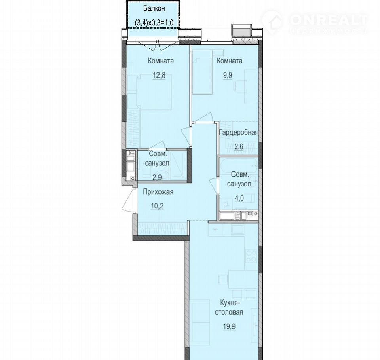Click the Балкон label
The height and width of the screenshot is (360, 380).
(154, 8)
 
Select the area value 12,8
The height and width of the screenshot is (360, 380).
(159, 75)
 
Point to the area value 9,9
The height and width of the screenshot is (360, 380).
(228, 75)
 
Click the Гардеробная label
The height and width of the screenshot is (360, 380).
(239, 133)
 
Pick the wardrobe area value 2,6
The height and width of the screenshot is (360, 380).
(239, 146)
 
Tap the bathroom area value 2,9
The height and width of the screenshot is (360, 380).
(157, 177)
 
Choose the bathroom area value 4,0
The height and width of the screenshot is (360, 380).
(239, 198)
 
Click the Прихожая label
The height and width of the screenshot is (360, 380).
(158, 192)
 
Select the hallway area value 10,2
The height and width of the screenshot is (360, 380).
(157, 206)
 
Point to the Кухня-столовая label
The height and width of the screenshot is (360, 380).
(229, 307)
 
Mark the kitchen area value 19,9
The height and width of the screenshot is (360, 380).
(229, 326)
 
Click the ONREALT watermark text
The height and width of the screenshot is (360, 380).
(329, 20)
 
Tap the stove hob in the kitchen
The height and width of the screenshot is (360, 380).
(251, 256)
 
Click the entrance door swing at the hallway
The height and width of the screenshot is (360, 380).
(128, 201)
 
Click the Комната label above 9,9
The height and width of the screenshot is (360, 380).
(229, 61)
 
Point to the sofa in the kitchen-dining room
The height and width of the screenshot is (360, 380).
(199, 322)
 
